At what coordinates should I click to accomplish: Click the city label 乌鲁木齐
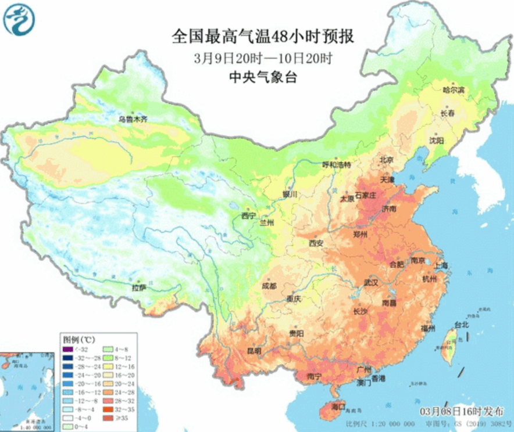[x=133, y=120]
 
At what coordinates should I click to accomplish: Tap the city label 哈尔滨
[x=454, y=91]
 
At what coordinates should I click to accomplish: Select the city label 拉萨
[x=139, y=287]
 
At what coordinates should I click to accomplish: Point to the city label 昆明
[x=254, y=351]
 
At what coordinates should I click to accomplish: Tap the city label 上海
[x=442, y=265]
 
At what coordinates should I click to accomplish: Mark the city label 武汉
[x=371, y=283]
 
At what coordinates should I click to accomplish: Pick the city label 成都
[x=269, y=286]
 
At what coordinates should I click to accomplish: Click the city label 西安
[x=316, y=243]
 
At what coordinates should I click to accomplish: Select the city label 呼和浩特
[x=337, y=165]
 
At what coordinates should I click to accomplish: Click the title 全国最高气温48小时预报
[x=263, y=37]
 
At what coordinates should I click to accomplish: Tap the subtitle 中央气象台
[x=263, y=78]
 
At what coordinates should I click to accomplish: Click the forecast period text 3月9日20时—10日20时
[x=263, y=58]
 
